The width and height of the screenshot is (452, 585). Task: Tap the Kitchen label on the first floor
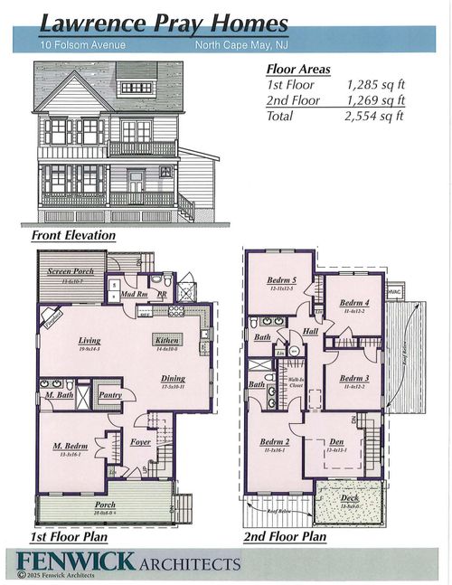pos(167,340)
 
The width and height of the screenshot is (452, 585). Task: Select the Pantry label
pos(112,394)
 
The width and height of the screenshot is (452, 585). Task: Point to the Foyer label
pos(140,442)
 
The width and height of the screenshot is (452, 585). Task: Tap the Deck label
pos(348,498)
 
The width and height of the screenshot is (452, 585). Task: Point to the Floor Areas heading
pos(298,68)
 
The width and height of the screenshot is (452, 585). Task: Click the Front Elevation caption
pos(73,235)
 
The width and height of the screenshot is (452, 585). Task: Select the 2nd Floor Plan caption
pos(285,536)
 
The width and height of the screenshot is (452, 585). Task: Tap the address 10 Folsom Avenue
pos(82,44)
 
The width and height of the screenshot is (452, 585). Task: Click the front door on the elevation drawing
pos(136,181)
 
